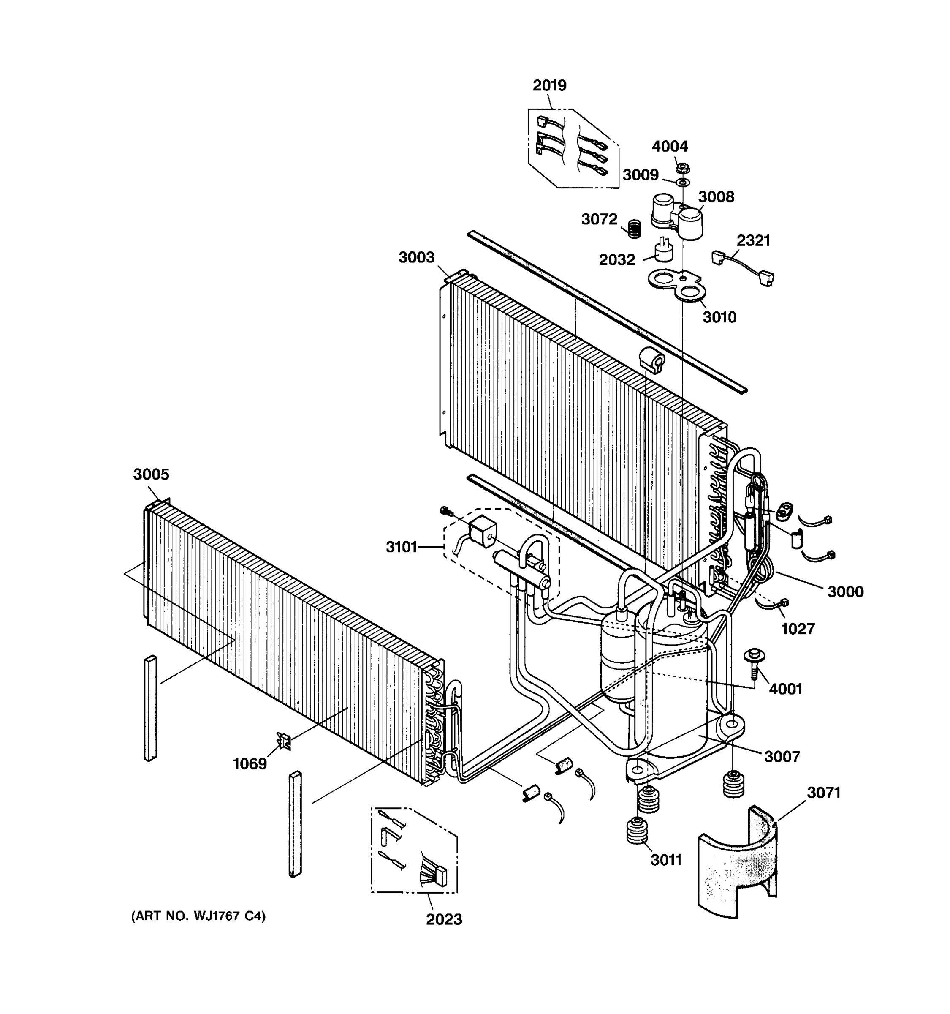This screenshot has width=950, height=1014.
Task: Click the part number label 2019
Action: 549,85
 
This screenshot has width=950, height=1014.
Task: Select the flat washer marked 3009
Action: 682,182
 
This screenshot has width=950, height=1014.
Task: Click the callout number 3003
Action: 416,257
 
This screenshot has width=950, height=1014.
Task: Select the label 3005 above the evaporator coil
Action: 151,474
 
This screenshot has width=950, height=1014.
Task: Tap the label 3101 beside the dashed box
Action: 402,547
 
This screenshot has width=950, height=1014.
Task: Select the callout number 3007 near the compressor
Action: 782,756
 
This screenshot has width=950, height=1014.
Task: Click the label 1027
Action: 798,629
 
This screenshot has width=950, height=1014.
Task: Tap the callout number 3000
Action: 845,591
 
